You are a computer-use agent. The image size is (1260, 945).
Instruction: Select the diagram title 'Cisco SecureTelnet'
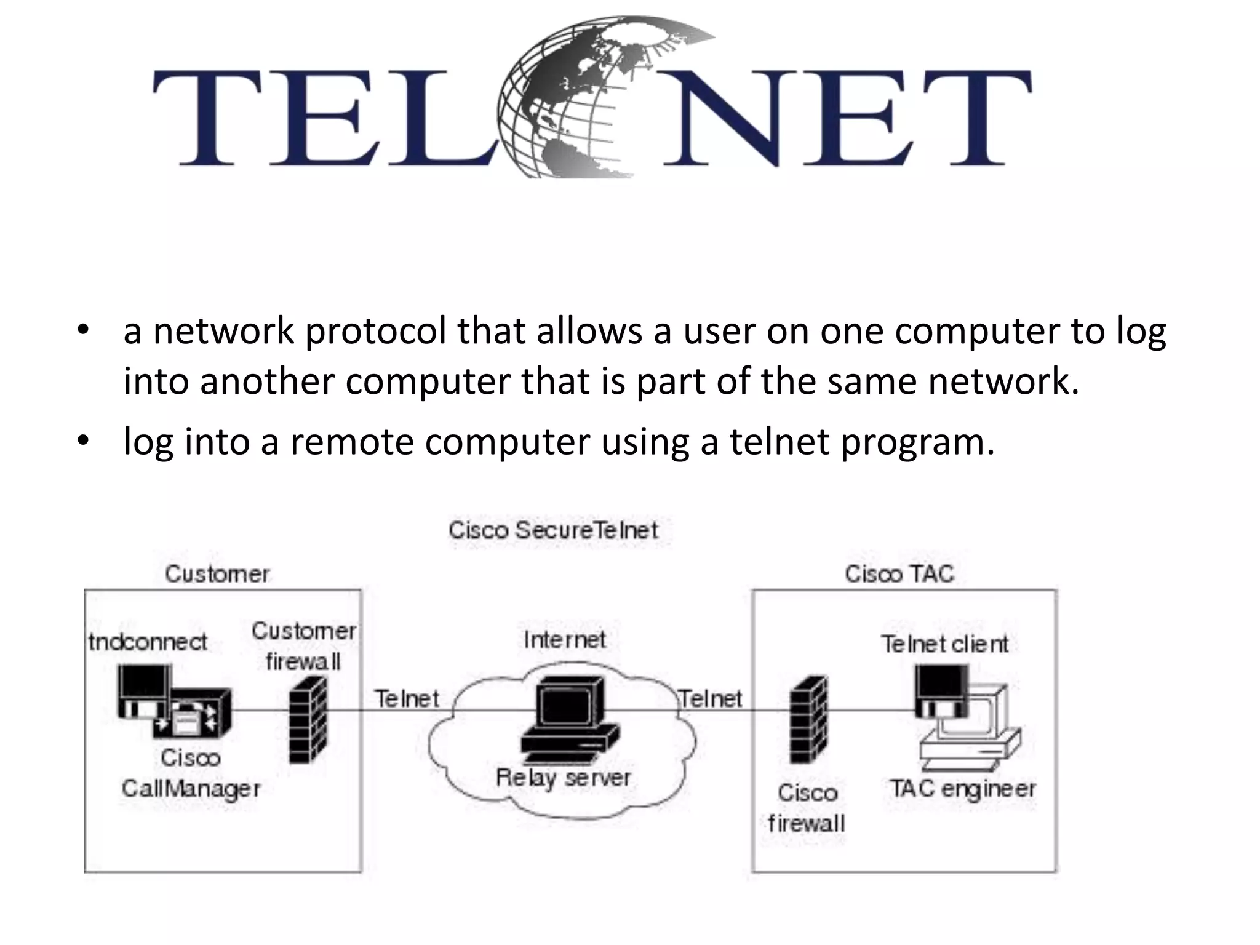click(553, 530)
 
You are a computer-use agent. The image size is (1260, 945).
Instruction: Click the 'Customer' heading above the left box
click(217, 574)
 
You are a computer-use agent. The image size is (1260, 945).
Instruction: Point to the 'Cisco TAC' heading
click(899, 574)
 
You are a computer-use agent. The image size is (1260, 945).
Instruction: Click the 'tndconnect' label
click(148, 642)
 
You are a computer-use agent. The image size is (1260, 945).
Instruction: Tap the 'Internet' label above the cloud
click(565, 640)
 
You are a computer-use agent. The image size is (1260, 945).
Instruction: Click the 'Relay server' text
click(564, 778)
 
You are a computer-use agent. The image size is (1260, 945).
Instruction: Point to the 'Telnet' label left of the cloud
click(407, 699)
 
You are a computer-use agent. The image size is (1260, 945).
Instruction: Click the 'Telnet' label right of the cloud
click(711, 699)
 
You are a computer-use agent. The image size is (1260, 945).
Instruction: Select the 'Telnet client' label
click(944, 644)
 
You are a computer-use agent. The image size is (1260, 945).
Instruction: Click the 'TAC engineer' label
click(963, 789)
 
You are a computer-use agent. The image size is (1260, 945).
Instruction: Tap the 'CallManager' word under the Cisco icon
click(191, 789)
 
